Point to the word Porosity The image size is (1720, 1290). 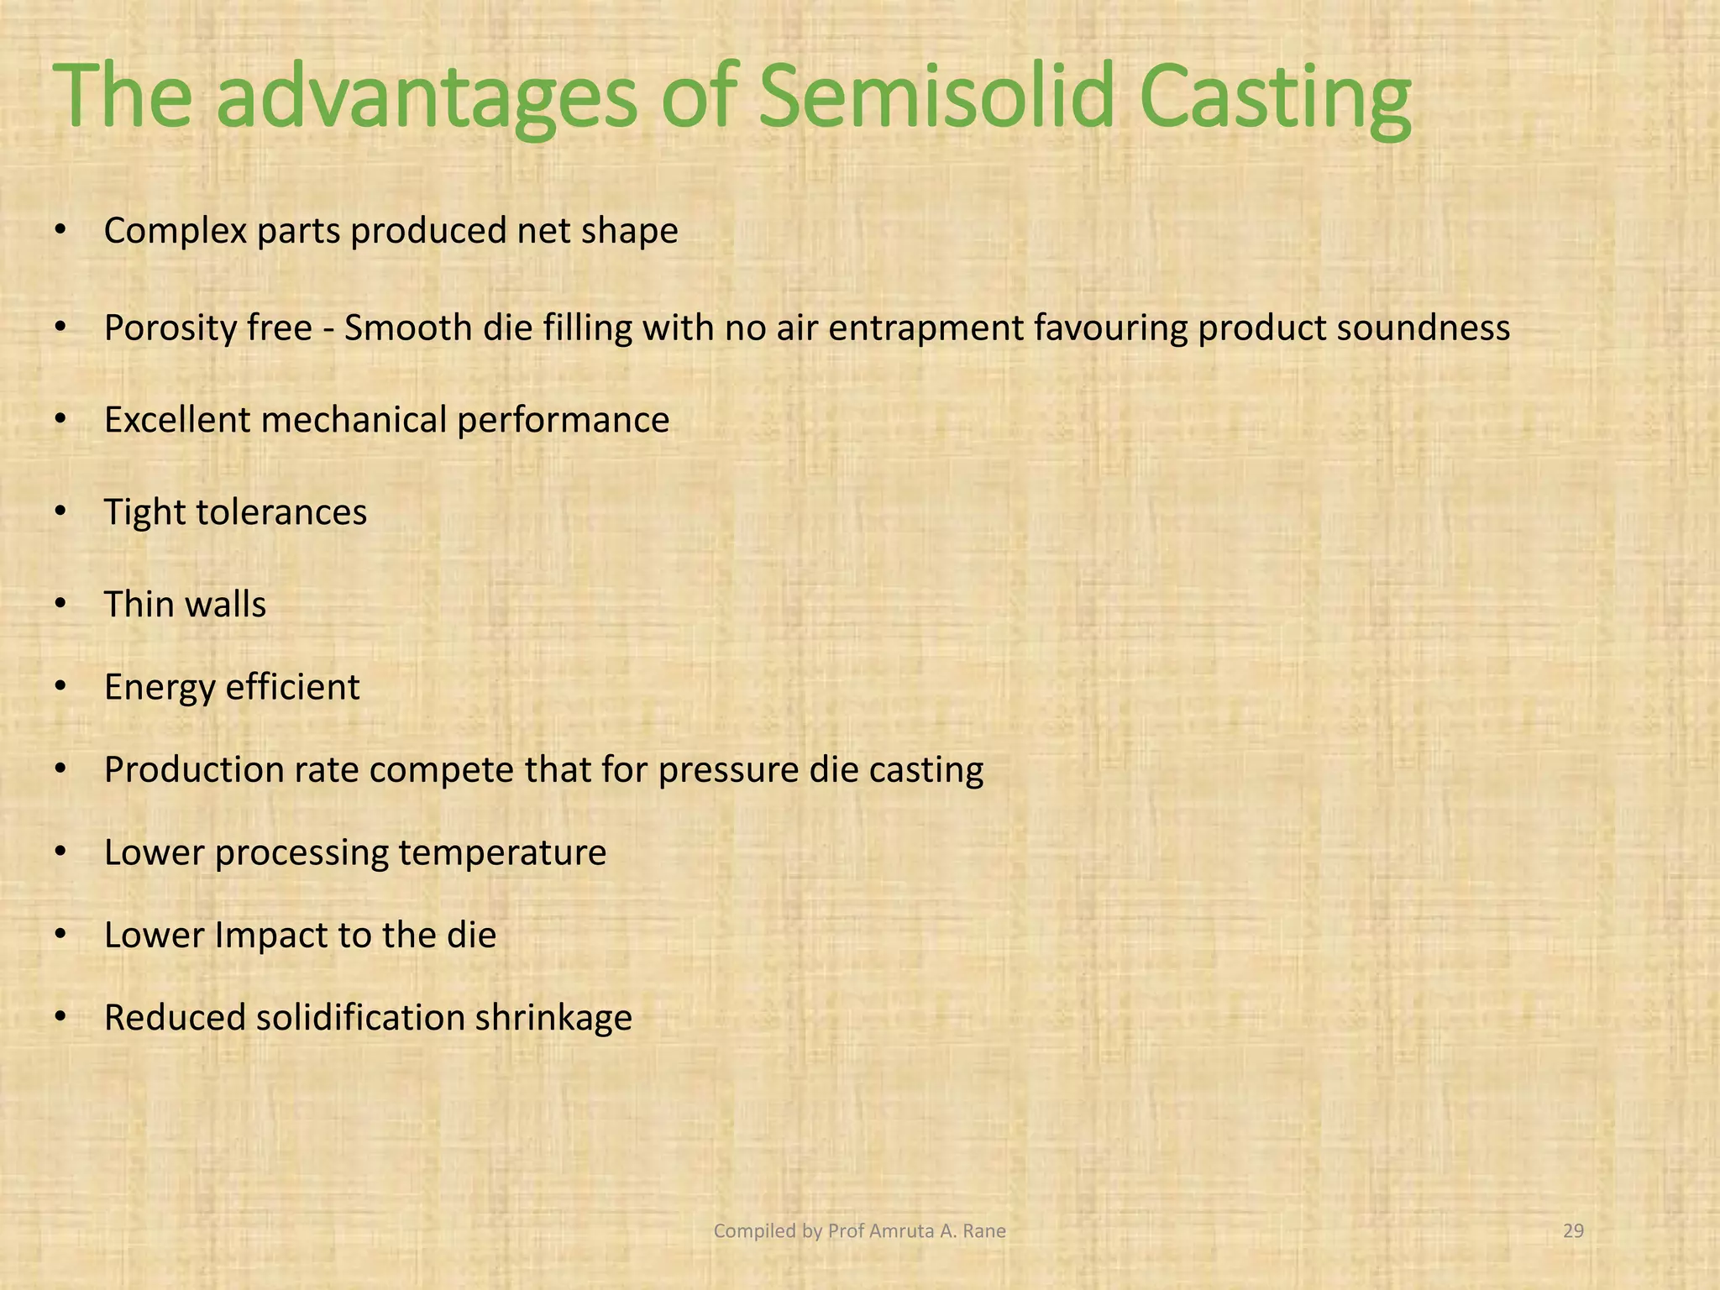click(x=169, y=328)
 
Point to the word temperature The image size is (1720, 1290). click(x=502, y=852)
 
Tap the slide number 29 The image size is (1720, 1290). click(x=1573, y=1231)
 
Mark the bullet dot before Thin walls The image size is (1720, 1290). click(x=60, y=605)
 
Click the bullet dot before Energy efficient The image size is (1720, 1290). click(x=60, y=687)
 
